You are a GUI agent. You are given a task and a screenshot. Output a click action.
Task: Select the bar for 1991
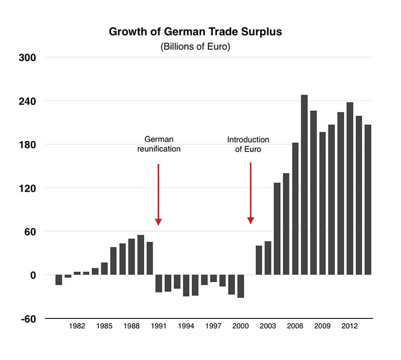(159, 283)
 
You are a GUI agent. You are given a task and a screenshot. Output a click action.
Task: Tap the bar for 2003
(268, 258)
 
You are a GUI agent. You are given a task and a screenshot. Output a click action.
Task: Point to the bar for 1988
(131, 257)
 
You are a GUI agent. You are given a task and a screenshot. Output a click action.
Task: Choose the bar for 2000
(241, 286)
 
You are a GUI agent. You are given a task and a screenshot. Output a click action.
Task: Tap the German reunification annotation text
(159, 144)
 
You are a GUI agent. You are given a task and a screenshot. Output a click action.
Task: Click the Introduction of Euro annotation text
(248, 144)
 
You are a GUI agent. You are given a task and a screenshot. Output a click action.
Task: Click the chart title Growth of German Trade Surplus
(195, 32)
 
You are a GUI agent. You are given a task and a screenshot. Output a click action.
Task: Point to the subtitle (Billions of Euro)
(195, 47)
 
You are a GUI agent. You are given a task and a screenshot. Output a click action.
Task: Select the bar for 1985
(104, 268)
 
